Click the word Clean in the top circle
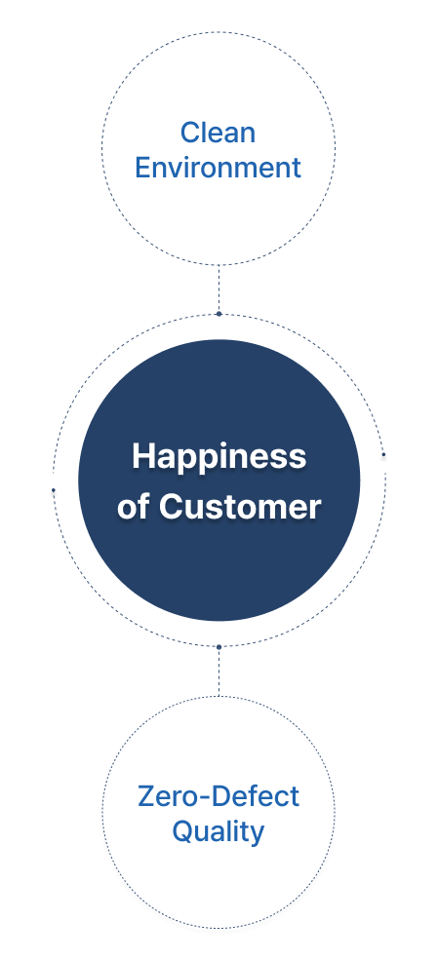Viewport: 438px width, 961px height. (x=218, y=133)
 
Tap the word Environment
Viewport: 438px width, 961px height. (x=218, y=168)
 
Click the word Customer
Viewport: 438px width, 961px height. (x=240, y=507)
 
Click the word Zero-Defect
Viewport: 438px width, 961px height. (x=219, y=796)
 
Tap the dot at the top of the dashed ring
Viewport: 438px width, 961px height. (x=219, y=314)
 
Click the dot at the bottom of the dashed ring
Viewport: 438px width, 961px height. (x=219, y=646)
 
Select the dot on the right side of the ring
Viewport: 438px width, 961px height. (x=384, y=454)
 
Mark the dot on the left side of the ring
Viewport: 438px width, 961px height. (x=54, y=489)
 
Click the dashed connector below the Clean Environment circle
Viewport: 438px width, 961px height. (x=219, y=288)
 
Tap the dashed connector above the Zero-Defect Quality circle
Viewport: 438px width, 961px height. (x=219, y=672)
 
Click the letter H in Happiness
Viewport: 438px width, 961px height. (x=143, y=456)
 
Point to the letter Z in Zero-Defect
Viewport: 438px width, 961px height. (x=147, y=796)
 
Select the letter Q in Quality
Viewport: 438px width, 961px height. (x=182, y=832)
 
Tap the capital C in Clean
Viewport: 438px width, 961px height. (x=191, y=133)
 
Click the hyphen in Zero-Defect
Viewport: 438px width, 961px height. (x=203, y=798)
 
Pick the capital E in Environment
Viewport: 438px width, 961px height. (x=143, y=168)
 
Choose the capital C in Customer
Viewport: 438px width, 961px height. (x=171, y=507)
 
